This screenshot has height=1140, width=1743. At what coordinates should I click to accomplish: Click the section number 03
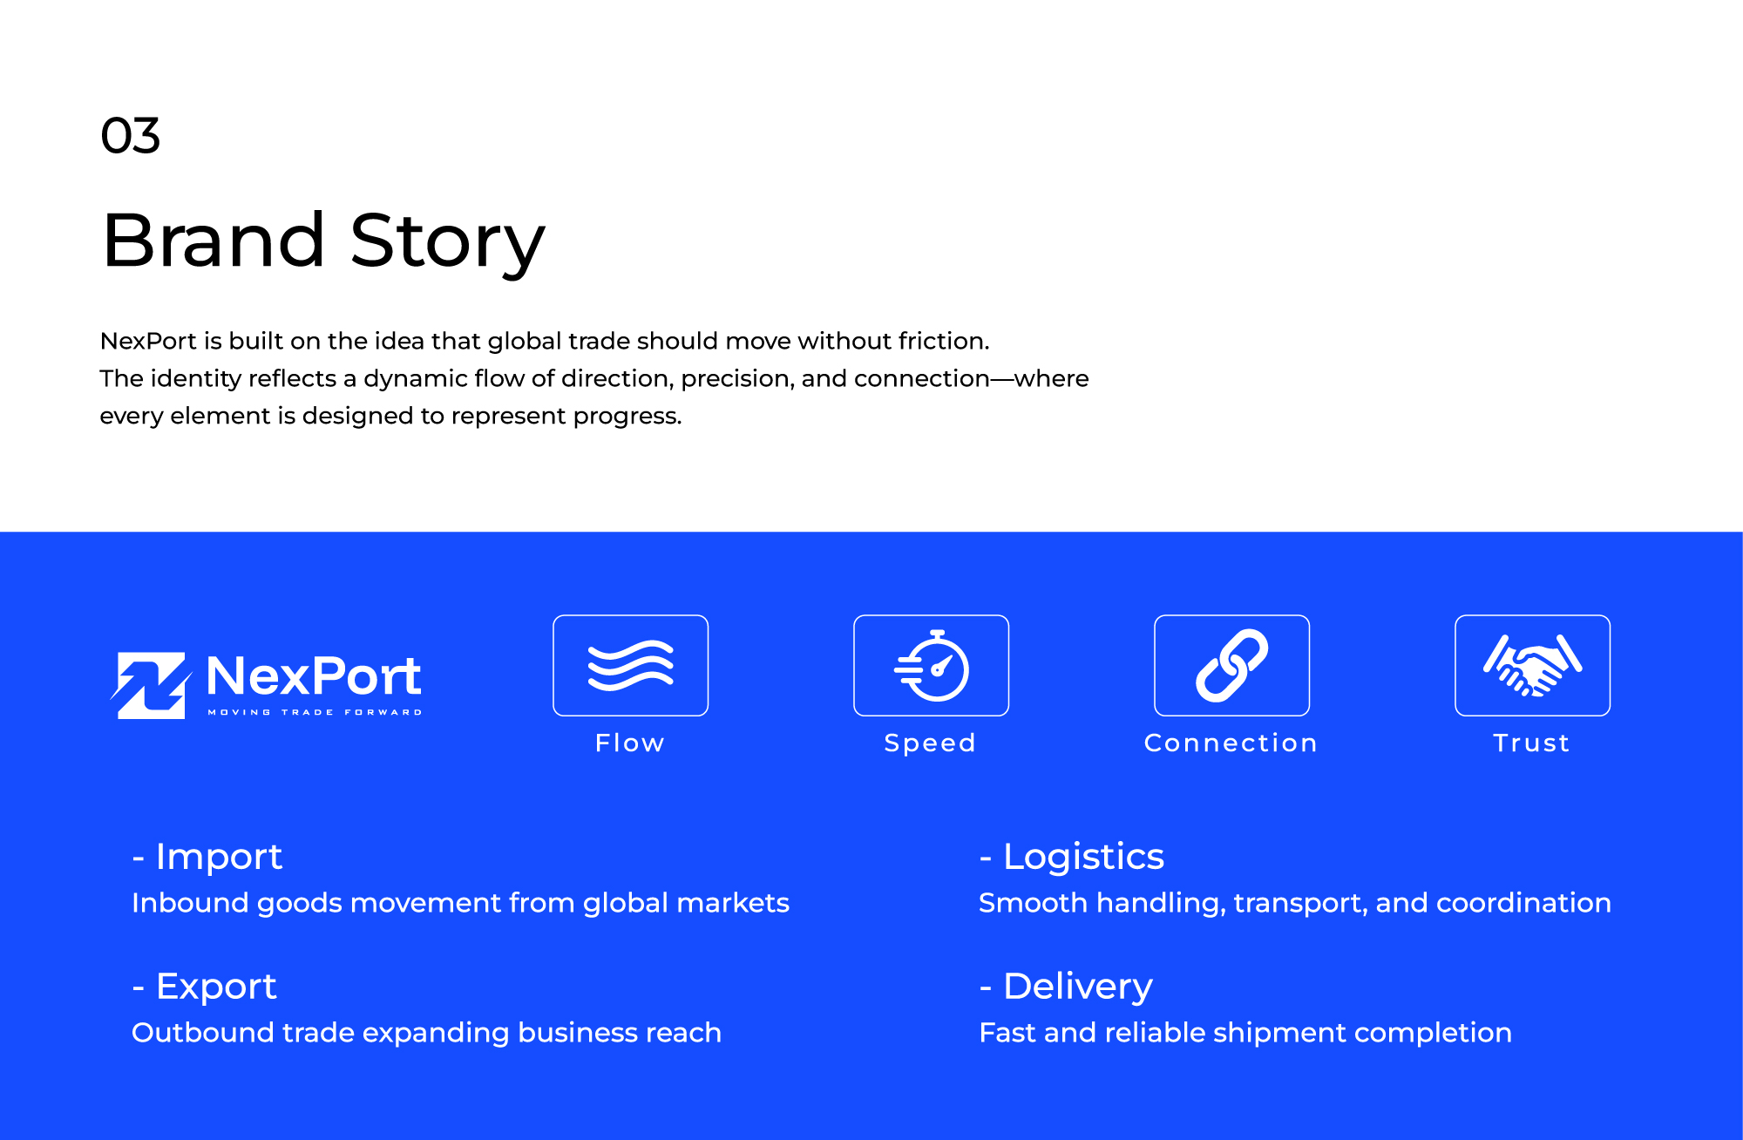tap(131, 136)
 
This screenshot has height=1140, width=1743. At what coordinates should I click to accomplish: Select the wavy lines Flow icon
tap(631, 665)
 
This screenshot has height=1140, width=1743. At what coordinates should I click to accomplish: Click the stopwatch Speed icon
tap(932, 665)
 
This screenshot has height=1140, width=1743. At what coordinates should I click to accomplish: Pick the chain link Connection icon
tap(1231, 665)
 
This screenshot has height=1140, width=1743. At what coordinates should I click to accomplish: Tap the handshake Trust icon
tap(1532, 666)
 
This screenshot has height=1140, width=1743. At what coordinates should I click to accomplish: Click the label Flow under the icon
tap(630, 743)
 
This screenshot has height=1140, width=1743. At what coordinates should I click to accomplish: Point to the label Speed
tap(930, 743)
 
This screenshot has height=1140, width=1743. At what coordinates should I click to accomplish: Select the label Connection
tap(1231, 743)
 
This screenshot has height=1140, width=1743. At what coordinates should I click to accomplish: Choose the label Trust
tap(1531, 743)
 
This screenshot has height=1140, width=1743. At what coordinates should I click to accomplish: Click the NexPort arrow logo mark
tap(151, 685)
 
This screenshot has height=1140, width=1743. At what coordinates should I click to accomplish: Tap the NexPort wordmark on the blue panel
tap(314, 675)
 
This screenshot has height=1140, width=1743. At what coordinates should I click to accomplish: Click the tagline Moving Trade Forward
tap(315, 712)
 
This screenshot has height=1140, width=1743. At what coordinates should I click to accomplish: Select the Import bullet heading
tap(207, 857)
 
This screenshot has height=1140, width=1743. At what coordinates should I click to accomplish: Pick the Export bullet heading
tap(204, 987)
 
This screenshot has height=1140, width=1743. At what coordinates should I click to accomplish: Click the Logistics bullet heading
tap(1072, 857)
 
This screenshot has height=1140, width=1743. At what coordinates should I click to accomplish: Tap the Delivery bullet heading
tap(1066, 987)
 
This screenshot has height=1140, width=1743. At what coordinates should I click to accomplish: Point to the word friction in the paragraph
tap(944, 341)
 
